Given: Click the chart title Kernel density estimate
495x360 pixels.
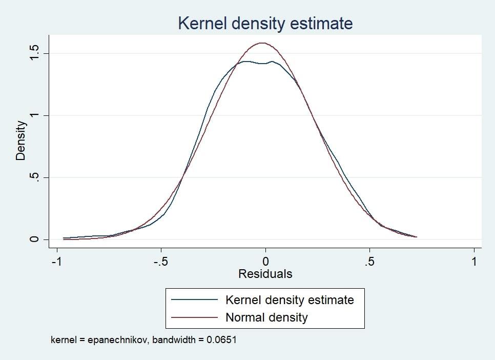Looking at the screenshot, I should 265,23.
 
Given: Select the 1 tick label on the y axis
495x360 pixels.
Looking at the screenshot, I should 34,115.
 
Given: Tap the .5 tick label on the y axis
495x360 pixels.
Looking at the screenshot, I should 34,177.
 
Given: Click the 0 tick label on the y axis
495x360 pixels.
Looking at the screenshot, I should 34,239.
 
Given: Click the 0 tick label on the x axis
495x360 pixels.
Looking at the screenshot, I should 265,261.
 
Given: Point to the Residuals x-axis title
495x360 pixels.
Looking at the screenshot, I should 265,274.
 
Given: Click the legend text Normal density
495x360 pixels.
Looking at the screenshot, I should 266,317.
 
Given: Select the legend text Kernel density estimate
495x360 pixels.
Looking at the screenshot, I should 290,299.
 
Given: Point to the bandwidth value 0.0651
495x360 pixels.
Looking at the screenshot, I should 221,340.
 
